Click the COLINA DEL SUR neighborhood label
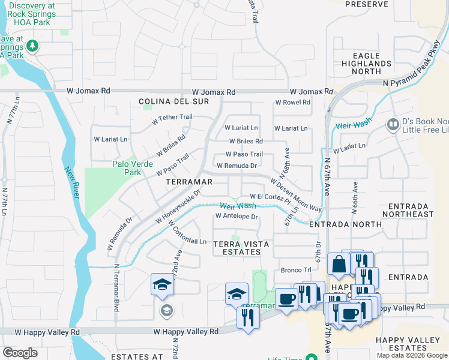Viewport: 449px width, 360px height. click(174, 102)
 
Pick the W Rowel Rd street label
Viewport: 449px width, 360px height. click(292, 102)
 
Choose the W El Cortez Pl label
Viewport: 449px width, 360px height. click(270, 197)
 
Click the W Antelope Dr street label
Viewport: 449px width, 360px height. click(237, 217)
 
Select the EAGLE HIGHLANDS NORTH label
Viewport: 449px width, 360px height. click(366, 63)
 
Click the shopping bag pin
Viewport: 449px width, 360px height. click(339, 264)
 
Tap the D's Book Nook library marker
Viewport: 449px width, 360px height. click(393, 124)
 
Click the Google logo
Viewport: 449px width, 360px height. click(20, 353)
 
